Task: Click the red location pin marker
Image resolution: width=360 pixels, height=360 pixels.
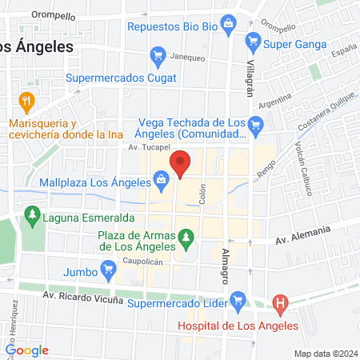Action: (x=181, y=164)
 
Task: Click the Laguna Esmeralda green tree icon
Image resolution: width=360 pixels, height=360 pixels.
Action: (x=33, y=214)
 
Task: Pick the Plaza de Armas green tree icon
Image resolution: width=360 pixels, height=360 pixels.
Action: (x=186, y=238)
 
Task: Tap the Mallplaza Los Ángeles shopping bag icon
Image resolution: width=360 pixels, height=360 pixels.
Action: (x=162, y=183)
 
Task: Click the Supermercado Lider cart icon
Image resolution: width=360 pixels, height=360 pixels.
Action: (x=238, y=301)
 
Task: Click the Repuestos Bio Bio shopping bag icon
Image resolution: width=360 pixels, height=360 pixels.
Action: (x=229, y=24)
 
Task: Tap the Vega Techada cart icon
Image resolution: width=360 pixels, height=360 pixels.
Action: (x=256, y=124)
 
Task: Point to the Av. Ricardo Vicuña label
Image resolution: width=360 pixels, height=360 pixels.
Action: (x=83, y=299)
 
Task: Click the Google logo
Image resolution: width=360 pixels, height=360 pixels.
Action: (x=27, y=350)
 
